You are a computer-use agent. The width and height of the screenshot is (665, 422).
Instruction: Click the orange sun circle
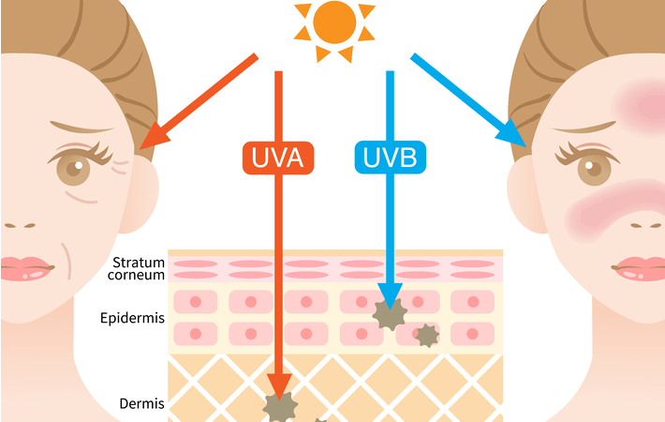click(x=334, y=23)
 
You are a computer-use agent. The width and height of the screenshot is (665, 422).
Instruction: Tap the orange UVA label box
click(x=278, y=158)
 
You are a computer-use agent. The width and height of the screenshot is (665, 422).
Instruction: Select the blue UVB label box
click(x=391, y=158)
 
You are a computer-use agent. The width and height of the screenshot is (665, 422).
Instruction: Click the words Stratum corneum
click(x=137, y=269)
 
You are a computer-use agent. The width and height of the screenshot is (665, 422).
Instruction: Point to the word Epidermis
click(x=132, y=318)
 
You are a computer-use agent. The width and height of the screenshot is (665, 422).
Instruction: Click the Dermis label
click(x=141, y=403)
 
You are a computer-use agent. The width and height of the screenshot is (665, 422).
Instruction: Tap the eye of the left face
click(x=73, y=168)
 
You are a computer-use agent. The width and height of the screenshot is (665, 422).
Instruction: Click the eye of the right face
click(x=594, y=168)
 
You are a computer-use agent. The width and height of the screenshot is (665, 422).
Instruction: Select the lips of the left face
click(x=26, y=269)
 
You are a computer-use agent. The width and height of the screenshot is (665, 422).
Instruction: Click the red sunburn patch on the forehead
click(x=641, y=106)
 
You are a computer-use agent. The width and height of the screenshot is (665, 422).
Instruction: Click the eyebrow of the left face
click(x=81, y=127)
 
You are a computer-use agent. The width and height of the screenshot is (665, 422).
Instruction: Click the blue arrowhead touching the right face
click(x=512, y=132)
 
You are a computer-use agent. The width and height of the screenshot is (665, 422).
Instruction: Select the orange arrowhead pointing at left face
click(x=155, y=135)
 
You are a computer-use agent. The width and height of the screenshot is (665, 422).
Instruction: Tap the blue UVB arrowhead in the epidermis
click(x=390, y=296)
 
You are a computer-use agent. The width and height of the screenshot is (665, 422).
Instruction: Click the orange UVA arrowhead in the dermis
click(x=278, y=386)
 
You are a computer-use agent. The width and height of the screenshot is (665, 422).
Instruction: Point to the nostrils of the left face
click(x=20, y=225)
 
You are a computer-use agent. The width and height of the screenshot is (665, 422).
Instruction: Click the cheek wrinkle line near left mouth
click(x=66, y=261)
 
